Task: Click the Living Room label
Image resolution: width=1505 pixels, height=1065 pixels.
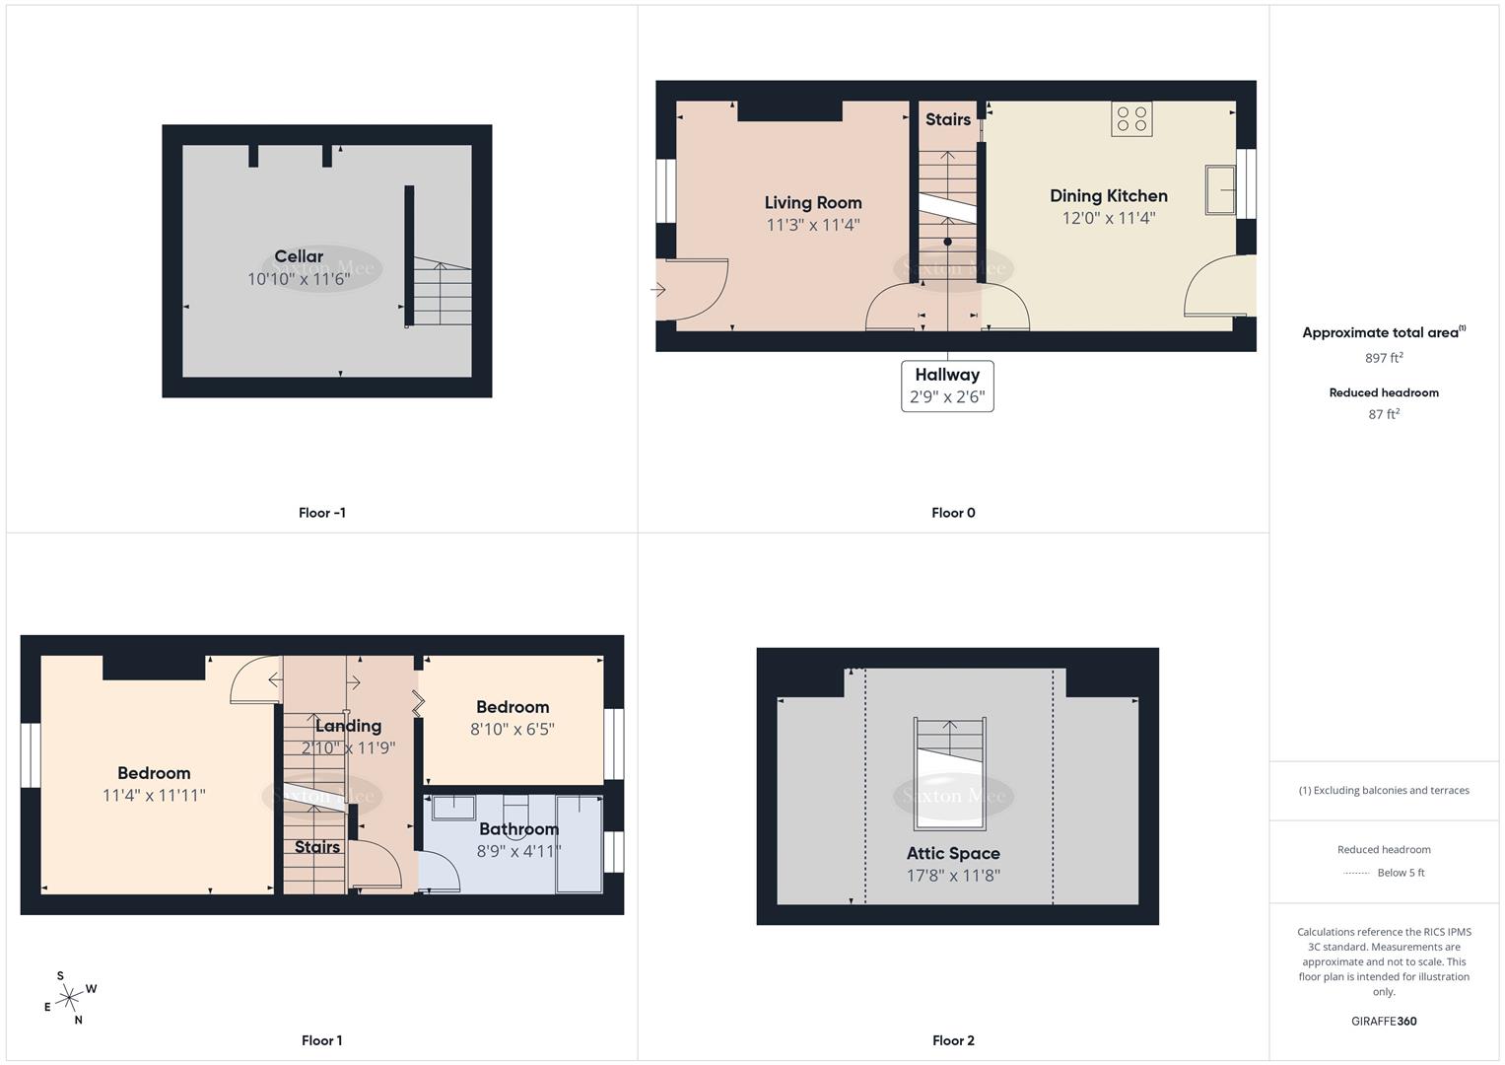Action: [x=813, y=202]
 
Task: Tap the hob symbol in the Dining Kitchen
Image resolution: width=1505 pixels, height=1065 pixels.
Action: [x=1131, y=119]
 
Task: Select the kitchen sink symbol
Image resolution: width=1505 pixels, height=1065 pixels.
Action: [x=1220, y=190]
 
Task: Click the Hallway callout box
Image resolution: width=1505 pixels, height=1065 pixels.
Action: [x=947, y=386]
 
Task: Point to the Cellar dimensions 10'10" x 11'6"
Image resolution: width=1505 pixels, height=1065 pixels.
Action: [x=299, y=279]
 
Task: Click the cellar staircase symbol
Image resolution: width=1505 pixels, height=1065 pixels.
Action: [x=442, y=293]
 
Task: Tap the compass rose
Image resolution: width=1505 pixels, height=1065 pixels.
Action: [x=69, y=999]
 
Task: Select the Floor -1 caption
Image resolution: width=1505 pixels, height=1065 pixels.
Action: [x=321, y=513]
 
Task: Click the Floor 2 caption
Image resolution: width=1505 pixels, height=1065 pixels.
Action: [x=953, y=1040]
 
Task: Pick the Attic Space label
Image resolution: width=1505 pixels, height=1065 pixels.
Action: [x=953, y=853]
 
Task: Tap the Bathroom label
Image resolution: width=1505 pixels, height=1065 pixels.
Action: [x=518, y=828]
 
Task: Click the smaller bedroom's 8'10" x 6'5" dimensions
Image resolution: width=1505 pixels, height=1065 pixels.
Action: [x=513, y=729]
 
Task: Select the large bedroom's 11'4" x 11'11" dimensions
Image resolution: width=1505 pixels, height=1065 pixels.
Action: [x=154, y=795]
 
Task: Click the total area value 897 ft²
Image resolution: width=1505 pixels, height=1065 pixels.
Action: [x=1384, y=358]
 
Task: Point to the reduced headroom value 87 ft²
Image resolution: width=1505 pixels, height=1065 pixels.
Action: [x=1384, y=414]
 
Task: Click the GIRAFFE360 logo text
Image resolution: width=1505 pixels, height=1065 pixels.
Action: [x=1384, y=1021]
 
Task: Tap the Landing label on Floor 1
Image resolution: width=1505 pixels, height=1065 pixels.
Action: [x=348, y=726]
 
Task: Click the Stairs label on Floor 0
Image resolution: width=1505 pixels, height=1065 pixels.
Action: [x=948, y=119]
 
